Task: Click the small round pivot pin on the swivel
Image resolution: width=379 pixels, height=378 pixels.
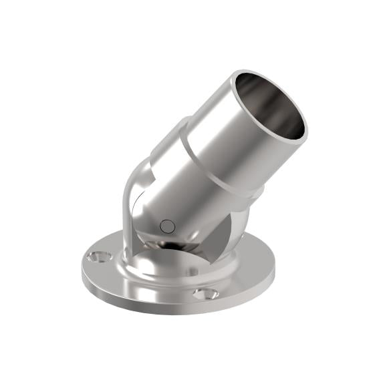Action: tap(167, 226)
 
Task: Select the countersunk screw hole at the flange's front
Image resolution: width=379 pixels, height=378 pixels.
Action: tap(205, 293)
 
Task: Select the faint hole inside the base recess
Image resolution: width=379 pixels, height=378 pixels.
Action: tap(194, 270)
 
